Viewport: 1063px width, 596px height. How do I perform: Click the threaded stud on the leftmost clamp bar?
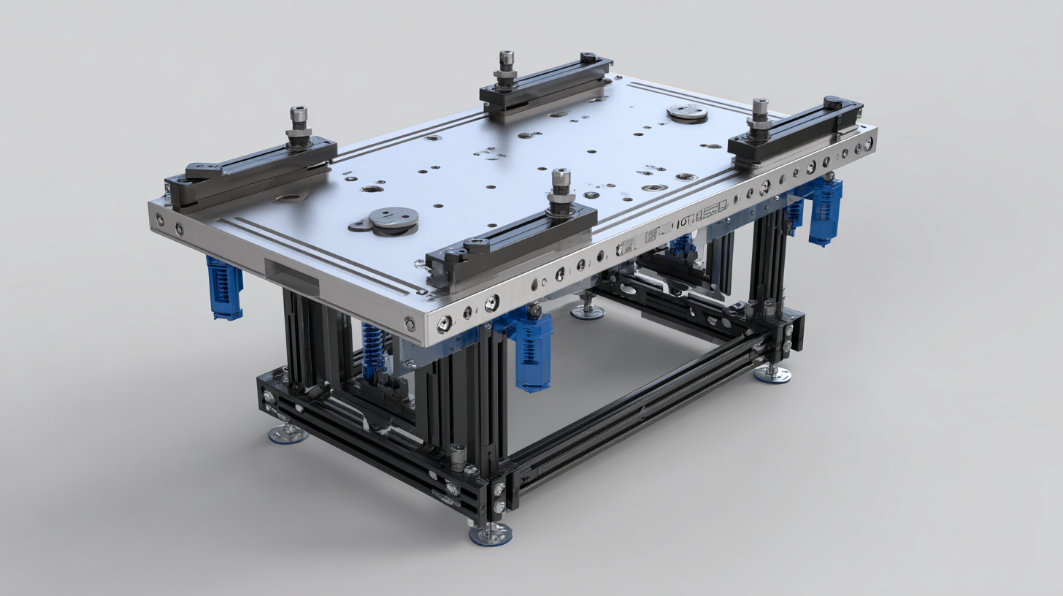298,126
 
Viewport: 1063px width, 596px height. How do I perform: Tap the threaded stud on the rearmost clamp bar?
505,68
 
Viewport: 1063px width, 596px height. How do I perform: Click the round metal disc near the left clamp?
394,218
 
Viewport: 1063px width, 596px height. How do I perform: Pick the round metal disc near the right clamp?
687,112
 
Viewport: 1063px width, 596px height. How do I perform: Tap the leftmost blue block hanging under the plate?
224,288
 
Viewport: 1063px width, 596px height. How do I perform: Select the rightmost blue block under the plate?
825,211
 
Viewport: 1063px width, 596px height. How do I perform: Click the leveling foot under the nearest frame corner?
490,533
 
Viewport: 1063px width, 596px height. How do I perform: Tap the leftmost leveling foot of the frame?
288,433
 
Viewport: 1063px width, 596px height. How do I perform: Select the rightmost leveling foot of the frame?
772,373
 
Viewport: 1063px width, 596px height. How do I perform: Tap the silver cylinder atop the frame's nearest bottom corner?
458,457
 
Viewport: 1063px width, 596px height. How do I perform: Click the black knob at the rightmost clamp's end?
833,102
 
